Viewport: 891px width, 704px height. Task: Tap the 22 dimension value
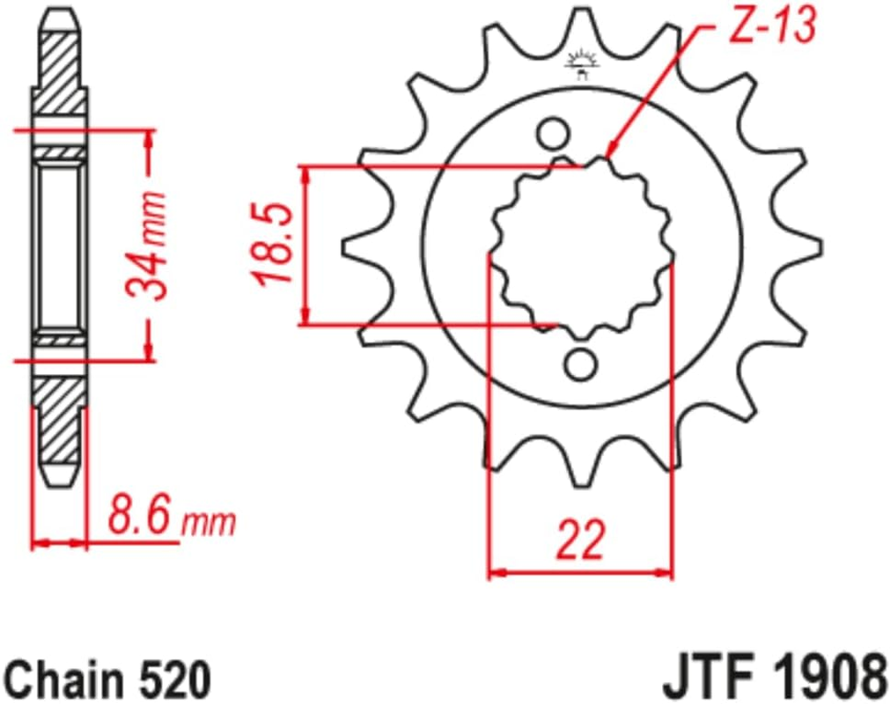pyautogui.click(x=581, y=541)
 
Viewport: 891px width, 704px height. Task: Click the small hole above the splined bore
pyautogui.click(x=554, y=135)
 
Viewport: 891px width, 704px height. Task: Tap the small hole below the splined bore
pyautogui.click(x=581, y=363)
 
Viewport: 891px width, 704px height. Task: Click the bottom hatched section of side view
pyautogui.click(x=61, y=422)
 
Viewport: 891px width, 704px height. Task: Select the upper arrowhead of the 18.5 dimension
pyautogui.click(x=306, y=176)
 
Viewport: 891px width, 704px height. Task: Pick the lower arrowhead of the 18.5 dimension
pyautogui.click(x=306, y=316)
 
